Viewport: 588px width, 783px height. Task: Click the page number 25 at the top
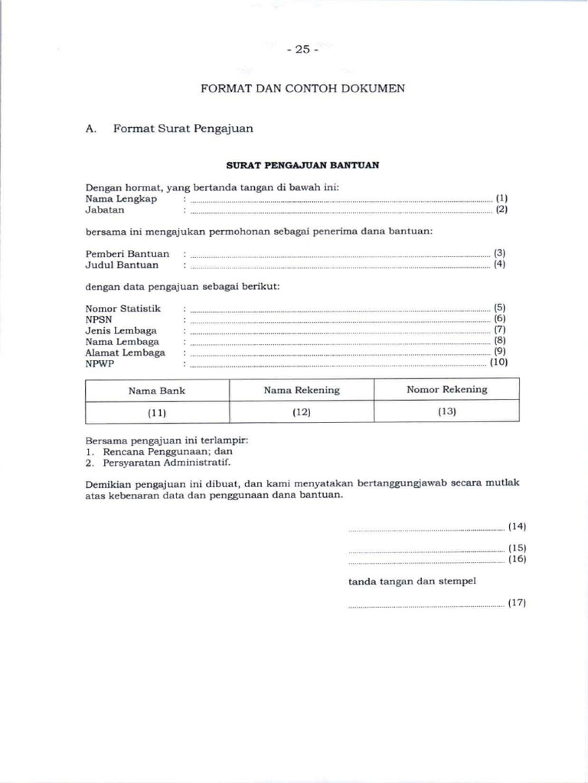click(302, 50)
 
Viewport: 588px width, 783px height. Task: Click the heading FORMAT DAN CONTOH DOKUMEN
click(302, 89)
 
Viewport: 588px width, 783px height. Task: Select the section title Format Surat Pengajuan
click(183, 128)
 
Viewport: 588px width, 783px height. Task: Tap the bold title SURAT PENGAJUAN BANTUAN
click(302, 165)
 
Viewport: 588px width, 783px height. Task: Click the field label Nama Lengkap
click(121, 199)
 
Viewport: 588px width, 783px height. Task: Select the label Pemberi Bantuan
click(127, 253)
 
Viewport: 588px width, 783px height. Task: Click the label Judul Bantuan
click(122, 265)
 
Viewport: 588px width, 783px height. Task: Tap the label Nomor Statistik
click(123, 308)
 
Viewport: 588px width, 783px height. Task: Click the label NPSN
click(98, 320)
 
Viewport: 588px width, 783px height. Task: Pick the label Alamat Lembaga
click(125, 353)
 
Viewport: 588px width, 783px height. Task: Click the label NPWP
click(99, 364)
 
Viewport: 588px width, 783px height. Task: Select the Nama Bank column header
click(157, 390)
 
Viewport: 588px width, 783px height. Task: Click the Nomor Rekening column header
click(446, 389)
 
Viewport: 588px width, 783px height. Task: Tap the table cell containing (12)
click(302, 412)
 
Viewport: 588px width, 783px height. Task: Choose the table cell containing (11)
click(157, 413)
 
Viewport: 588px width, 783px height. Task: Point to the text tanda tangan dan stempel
click(412, 581)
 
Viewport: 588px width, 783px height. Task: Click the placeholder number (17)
click(517, 603)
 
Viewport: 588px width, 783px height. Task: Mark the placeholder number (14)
click(517, 526)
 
